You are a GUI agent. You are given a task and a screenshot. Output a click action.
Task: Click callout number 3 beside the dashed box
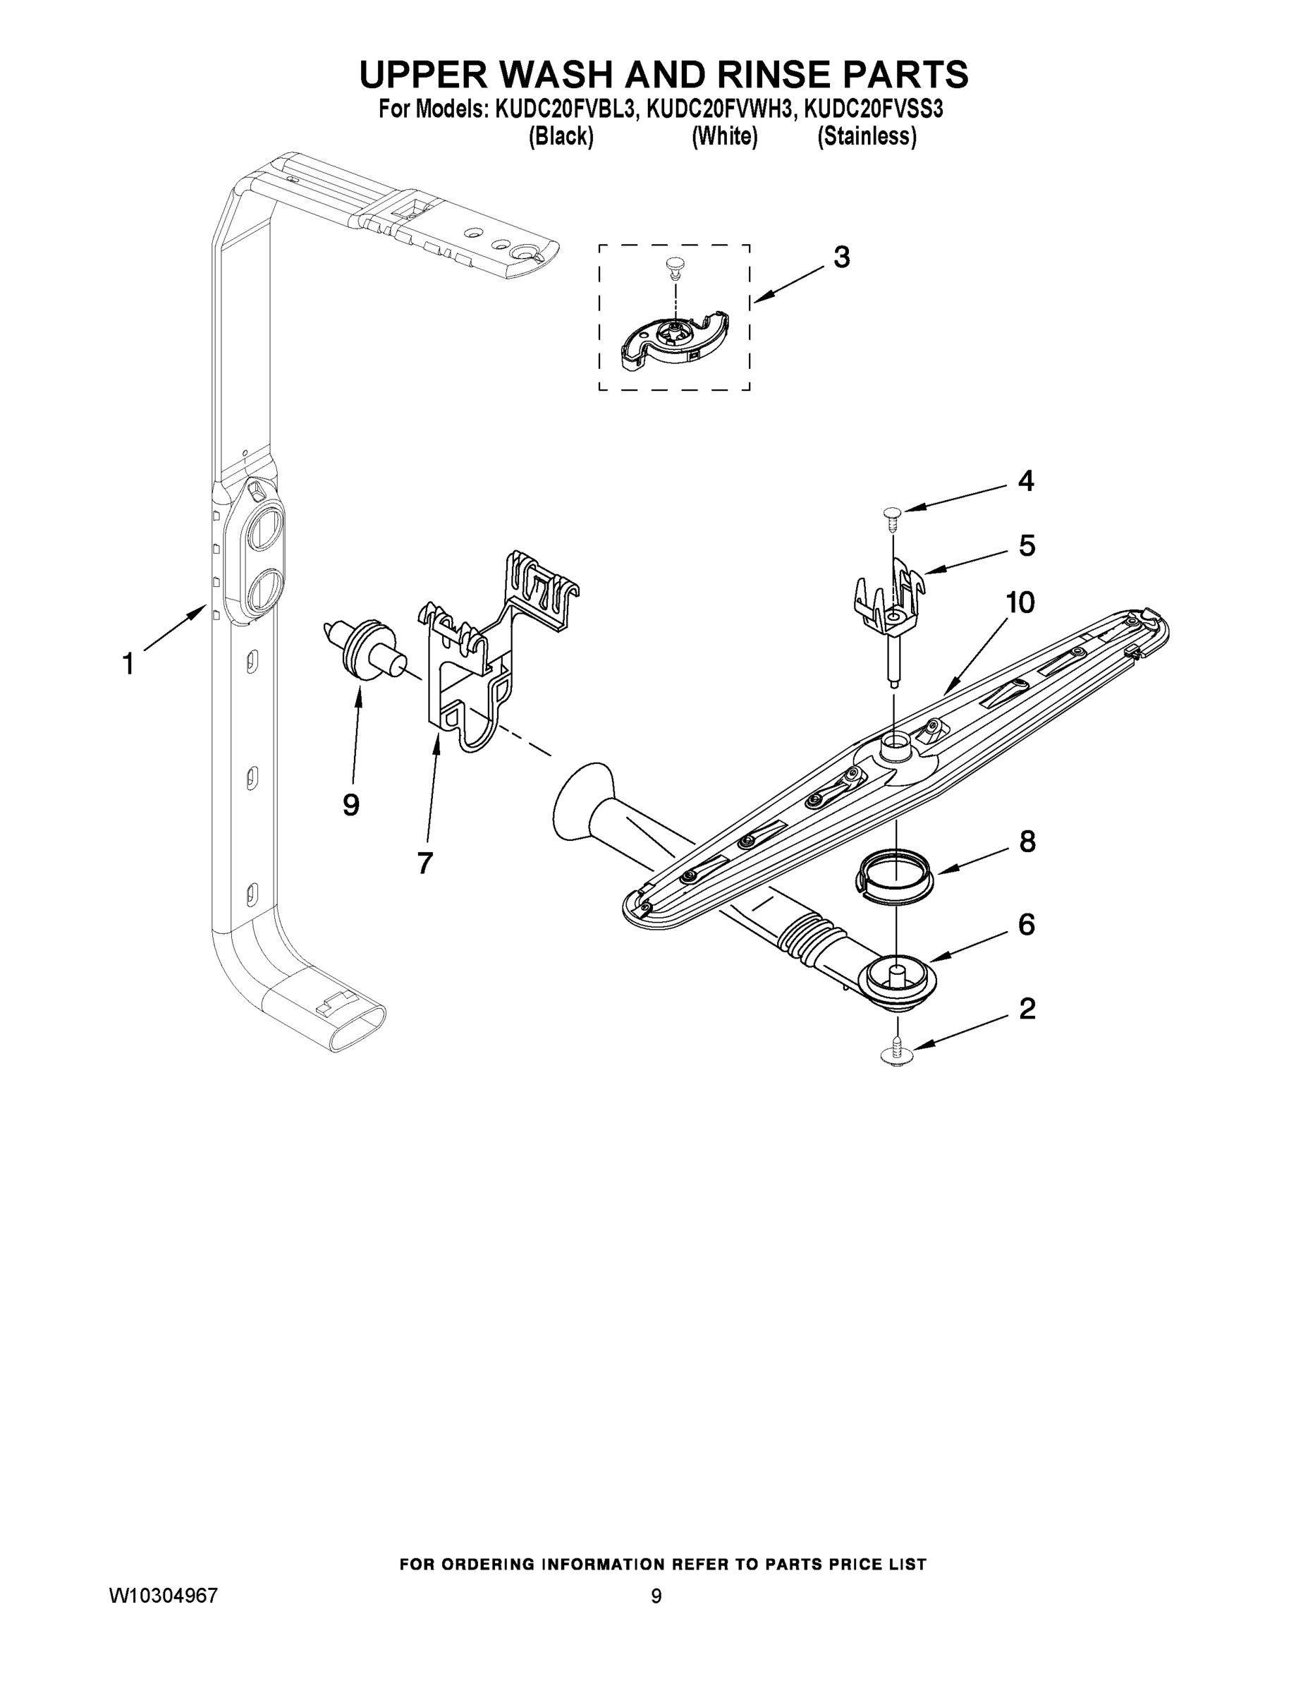tap(841, 257)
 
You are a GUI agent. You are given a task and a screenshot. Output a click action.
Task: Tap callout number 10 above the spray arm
tap(1020, 602)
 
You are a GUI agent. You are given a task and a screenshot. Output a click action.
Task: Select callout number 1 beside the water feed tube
tap(128, 664)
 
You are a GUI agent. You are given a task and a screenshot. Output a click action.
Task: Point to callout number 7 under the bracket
tap(424, 862)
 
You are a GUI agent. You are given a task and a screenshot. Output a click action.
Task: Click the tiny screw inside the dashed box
tap(674, 268)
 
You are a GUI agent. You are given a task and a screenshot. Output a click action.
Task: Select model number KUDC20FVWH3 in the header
tap(721, 110)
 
